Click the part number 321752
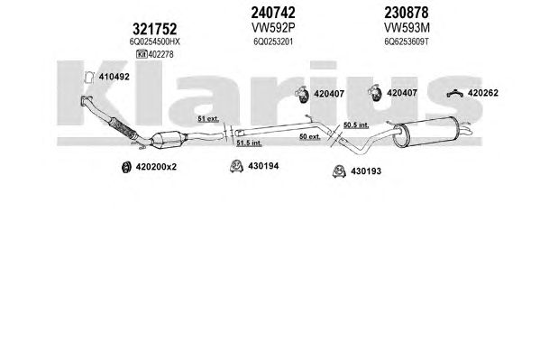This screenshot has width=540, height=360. coord(155,29)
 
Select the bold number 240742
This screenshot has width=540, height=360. coord(273,13)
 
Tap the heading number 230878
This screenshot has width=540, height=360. coord(407,13)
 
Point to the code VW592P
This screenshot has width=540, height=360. coord(273,27)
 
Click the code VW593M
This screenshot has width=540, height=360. coord(407,27)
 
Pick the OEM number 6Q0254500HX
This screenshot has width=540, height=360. coord(155,42)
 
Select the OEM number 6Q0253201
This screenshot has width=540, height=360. coord(273,42)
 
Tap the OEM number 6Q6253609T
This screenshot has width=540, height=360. coord(407,42)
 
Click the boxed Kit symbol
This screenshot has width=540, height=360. coord(142,54)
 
